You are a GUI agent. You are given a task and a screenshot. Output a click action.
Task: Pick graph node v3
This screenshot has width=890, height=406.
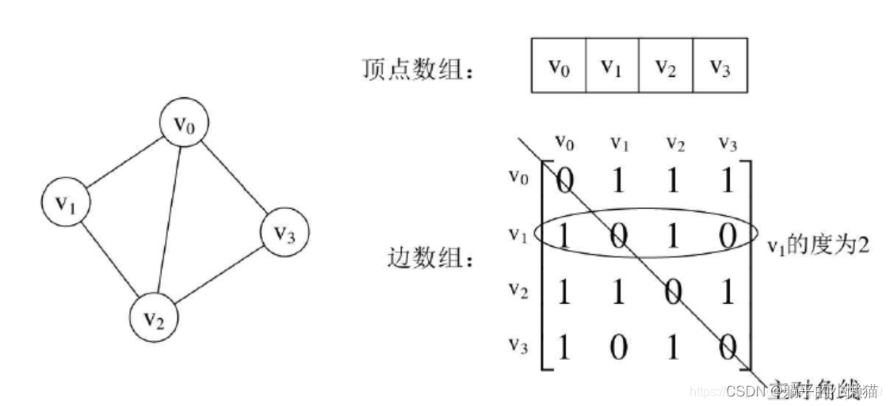click(x=285, y=234)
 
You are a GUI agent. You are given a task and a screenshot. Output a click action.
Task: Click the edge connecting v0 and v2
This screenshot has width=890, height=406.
click(x=169, y=222)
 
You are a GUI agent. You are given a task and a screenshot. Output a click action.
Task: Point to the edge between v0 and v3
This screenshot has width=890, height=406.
click(x=234, y=179)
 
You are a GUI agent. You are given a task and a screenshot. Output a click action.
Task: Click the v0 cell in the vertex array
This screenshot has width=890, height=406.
click(x=558, y=65)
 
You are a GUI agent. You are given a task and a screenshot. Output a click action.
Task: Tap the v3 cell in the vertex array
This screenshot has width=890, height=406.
click(x=720, y=65)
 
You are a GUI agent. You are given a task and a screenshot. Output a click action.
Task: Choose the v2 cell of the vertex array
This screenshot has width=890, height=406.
click(x=666, y=65)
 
